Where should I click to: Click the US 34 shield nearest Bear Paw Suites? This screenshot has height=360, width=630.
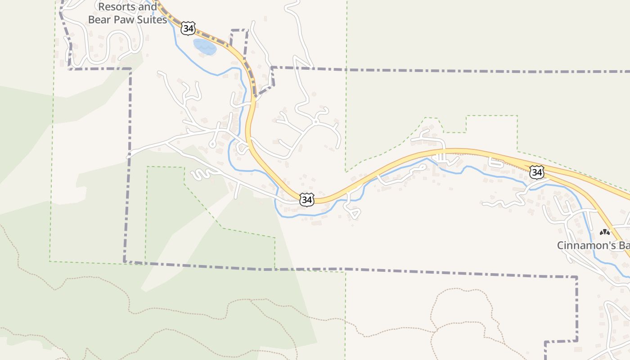(189, 29)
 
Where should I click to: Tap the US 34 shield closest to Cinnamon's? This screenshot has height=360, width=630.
(536, 172)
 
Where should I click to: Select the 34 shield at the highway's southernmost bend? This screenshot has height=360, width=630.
(306, 200)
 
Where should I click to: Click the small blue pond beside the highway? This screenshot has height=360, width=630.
(205, 47)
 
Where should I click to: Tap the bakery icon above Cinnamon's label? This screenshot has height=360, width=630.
(605, 233)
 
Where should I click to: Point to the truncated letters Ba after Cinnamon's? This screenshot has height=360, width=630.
(625, 246)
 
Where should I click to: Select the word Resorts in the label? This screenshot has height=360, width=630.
(115, 7)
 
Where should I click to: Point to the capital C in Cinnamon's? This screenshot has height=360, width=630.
(561, 246)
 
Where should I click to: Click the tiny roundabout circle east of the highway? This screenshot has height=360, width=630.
(316, 121)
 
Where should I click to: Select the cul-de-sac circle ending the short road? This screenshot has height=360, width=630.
(212, 144)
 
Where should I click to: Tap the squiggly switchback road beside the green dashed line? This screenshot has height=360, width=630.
(202, 174)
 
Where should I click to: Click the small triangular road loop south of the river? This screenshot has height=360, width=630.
(353, 212)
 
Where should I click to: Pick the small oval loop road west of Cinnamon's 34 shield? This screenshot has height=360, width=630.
(496, 163)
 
